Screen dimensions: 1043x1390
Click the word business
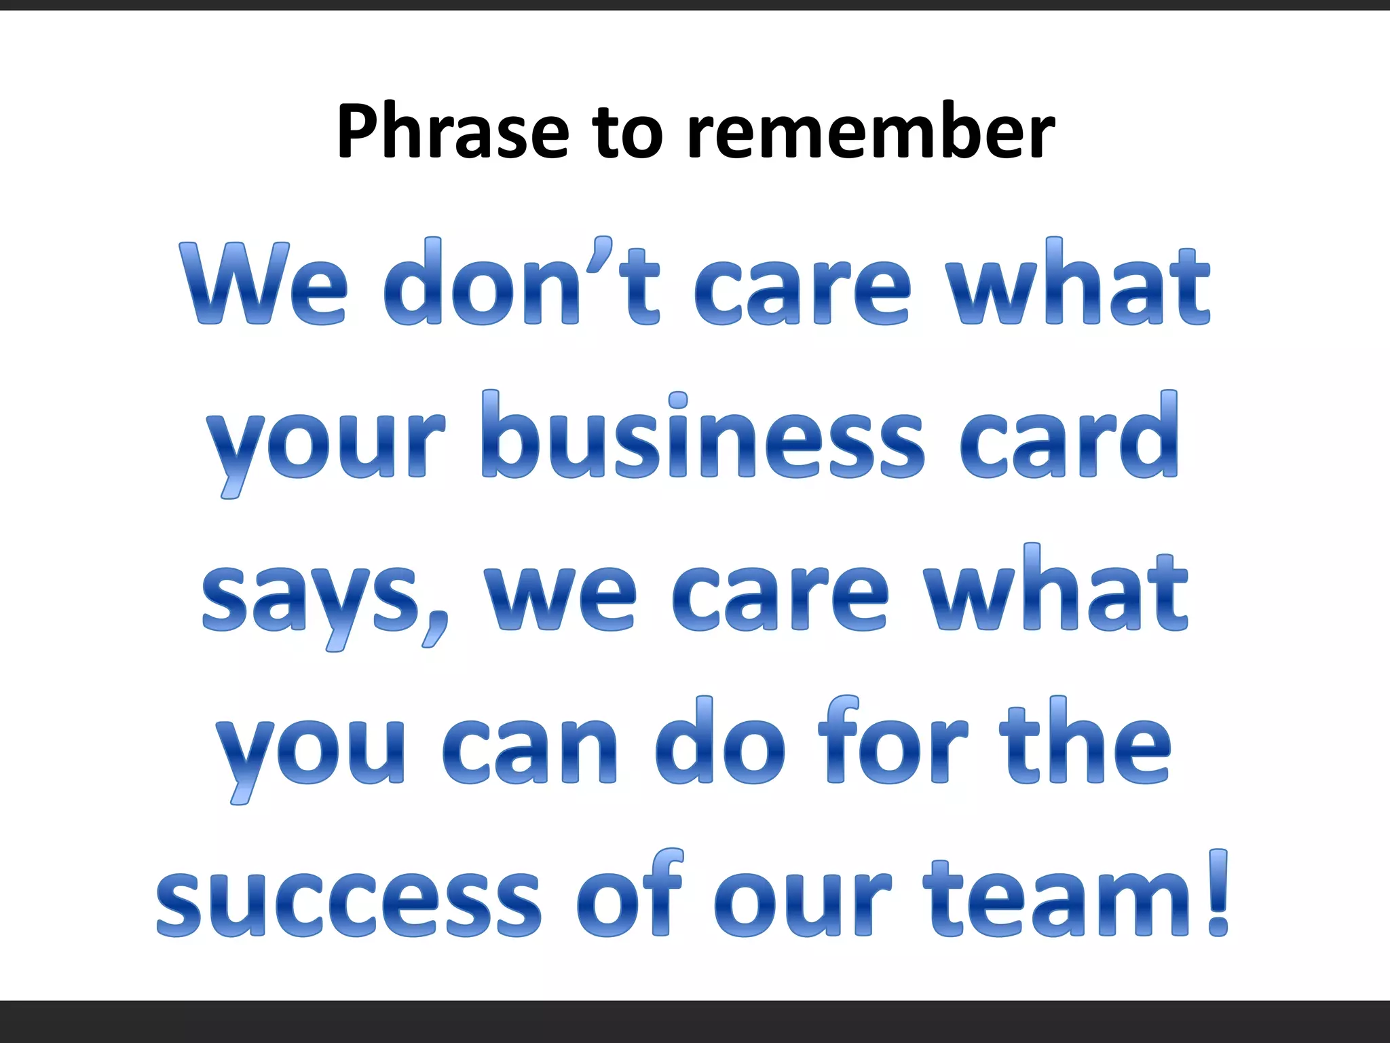click(702, 438)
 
